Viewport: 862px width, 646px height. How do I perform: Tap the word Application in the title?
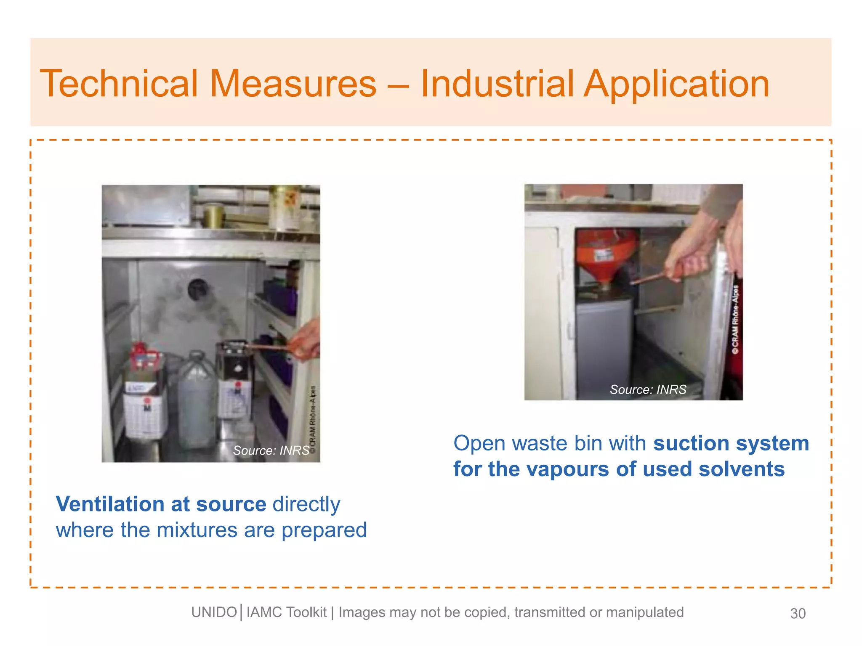(x=677, y=85)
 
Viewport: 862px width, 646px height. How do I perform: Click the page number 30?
(x=798, y=614)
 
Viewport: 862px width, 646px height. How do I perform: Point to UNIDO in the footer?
(x=214, y=612)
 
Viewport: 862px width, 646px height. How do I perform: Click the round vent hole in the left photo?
(x=197, y=289)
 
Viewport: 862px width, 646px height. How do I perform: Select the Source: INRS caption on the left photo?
(x=271, y=450)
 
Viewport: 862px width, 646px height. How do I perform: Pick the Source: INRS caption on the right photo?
(x=648, y=389)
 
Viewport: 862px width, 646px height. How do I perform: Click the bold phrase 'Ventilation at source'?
(x=161, y=504)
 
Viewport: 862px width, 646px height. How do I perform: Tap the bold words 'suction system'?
(x=731, y=443)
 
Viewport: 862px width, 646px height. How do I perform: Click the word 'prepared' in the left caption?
(x=324, y=530)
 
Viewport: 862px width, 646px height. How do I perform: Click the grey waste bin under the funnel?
(x=604, y=345)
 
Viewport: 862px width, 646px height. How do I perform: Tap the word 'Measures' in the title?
(x=293, y=84)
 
